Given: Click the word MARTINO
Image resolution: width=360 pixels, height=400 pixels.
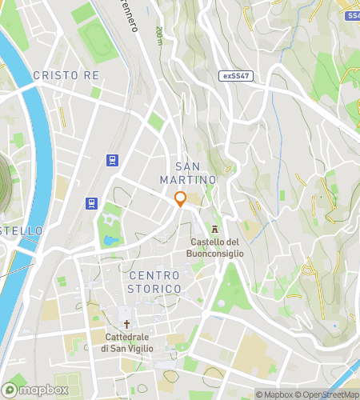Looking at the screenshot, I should pos(189,181).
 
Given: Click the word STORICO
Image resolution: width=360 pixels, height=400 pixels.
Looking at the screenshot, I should pos(155,288).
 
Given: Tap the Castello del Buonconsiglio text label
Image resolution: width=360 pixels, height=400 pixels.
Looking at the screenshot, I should pos(216,247).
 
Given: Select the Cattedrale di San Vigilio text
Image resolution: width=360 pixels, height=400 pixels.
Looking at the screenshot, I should pos(126,342).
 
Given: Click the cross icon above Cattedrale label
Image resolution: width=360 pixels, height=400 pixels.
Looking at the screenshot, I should pos(126,324).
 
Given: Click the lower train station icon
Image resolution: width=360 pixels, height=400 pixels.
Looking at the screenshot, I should pos(93,203).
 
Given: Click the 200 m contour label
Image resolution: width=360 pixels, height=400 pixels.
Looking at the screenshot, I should pos(159,35).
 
